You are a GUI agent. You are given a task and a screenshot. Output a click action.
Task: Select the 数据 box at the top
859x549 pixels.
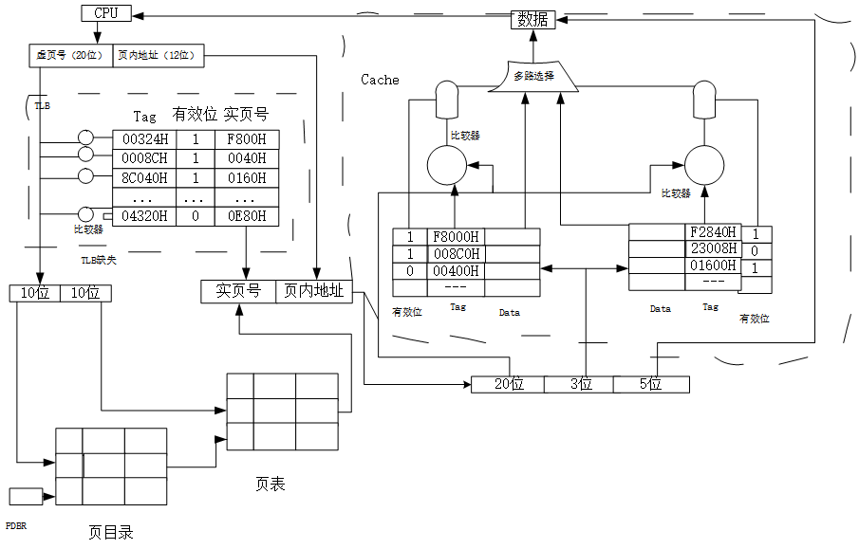pos(532,19)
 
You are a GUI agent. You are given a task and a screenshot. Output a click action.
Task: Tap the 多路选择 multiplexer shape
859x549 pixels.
pos(533,76)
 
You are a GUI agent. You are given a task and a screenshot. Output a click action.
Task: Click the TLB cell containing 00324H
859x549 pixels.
pos(145,139)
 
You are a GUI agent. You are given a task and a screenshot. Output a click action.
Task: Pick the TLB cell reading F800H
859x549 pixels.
pos(247,139)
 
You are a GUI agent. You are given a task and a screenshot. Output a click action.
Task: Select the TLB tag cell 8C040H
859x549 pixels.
pos(145,177)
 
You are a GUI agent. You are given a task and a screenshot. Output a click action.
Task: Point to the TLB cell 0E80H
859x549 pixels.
pos(247,215)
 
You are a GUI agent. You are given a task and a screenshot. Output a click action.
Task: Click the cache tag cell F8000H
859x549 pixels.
pos(456,237)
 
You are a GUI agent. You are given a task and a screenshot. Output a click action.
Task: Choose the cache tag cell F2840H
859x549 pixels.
pos(713,232)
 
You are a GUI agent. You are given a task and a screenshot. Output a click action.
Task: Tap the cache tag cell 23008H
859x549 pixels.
pos(713,249)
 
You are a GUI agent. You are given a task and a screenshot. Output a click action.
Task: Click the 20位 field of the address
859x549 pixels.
pos(508,384)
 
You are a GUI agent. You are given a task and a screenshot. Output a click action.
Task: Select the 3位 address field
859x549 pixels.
pos(579,384)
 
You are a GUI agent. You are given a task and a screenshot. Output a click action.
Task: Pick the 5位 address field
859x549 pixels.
pos(651,384)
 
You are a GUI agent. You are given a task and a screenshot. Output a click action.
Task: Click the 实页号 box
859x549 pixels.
pos(238,292)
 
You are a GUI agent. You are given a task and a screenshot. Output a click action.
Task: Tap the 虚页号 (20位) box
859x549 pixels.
pos(69,56)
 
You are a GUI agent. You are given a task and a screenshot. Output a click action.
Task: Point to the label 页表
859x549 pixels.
pos(270,484)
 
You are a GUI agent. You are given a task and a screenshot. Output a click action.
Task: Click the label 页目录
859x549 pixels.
pos(111,532)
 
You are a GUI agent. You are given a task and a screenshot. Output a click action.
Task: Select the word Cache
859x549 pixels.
pos(380,80)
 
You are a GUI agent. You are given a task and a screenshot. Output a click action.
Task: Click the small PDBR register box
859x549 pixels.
pos(26,496)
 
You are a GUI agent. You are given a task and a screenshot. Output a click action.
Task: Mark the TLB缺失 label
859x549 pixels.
pos(99,258)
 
